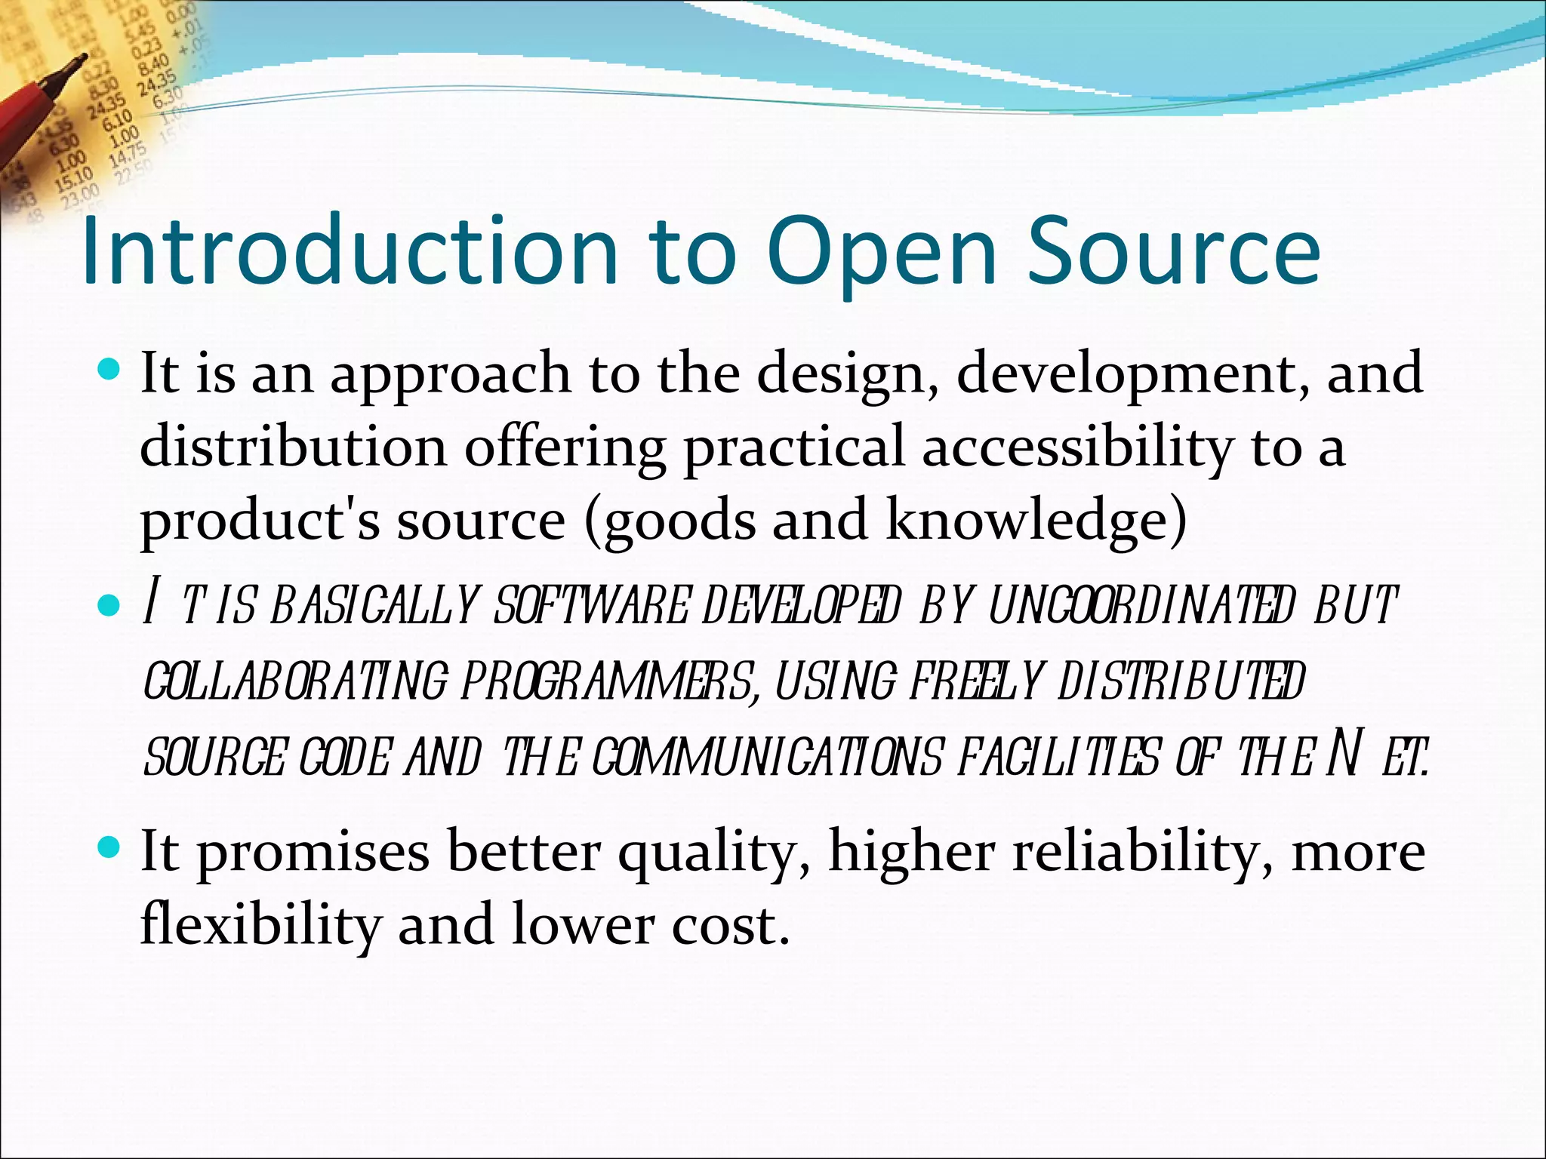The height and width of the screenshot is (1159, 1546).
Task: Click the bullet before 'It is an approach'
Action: (109, 370)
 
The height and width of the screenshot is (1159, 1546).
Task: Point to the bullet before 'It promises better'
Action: (109, 849)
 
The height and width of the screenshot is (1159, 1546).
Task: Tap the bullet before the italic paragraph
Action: (109, 605)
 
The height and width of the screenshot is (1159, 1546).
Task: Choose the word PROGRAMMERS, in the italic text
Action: (608, 681)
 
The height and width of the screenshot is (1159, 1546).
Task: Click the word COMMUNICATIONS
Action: (767, 757)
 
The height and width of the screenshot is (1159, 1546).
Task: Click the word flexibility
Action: (260, 925)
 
